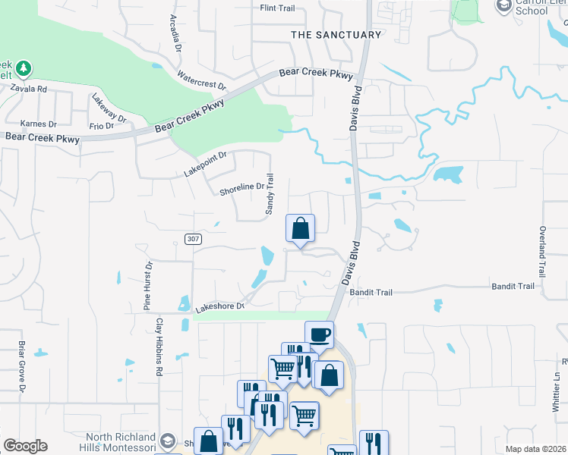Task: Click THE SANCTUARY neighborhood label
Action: (x=336, y=35)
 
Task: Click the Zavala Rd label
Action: (x=29, y=89)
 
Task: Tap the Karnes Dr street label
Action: (x=39, y=124)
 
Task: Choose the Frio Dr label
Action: (x=101, y=126)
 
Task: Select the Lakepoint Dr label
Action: (x=205, y=165)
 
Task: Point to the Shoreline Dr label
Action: (x=241, y=187)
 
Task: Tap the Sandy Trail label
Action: (x=269, y=195)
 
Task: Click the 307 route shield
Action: (x=193, y=239)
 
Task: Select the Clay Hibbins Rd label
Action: (x=159, y=347)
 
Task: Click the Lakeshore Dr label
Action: (x=220, y=307)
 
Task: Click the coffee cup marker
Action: (x=320, y=334)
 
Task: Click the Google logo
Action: (x=25, y=446)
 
